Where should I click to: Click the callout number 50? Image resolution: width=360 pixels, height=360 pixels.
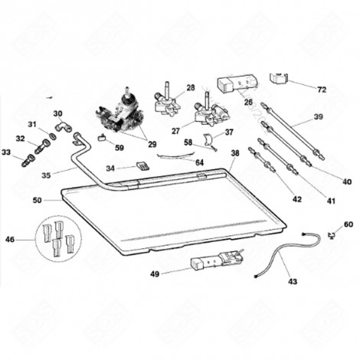(38, 200)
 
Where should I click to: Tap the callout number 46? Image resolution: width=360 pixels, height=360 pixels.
(10, 240)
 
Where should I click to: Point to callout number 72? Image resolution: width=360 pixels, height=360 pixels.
(322, 90)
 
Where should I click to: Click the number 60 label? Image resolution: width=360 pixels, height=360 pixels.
(349, 224)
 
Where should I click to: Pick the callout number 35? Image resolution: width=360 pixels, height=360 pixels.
(47, 175)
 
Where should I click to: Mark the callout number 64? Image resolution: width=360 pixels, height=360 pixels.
(198, 162)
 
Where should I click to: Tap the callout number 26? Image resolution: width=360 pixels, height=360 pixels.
(247, 102)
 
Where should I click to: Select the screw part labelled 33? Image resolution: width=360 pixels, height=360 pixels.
(29, 161)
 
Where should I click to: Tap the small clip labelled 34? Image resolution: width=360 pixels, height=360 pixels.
(139, 165)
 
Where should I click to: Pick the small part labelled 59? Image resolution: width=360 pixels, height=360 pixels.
(102, 138)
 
